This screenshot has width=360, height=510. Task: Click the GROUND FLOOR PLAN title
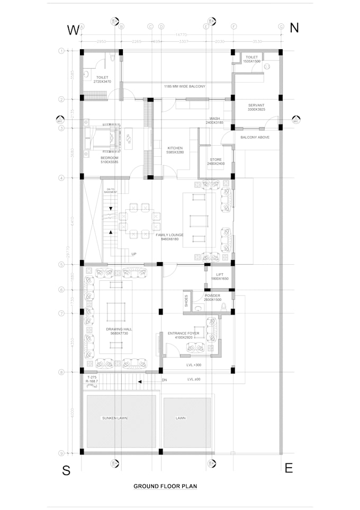coord(165,486)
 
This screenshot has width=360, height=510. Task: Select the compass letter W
coord(73,30)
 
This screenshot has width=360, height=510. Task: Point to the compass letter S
coord(66,471)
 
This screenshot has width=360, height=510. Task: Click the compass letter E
coord(289,469)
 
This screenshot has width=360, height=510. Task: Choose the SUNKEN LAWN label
coord(115,418)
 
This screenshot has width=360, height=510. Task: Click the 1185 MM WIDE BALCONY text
coord(184,86)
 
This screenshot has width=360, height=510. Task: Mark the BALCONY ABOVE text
coord(255,137)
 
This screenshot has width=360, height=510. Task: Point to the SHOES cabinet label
coord(186,300)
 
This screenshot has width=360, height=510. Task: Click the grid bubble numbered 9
coord(61,453)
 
